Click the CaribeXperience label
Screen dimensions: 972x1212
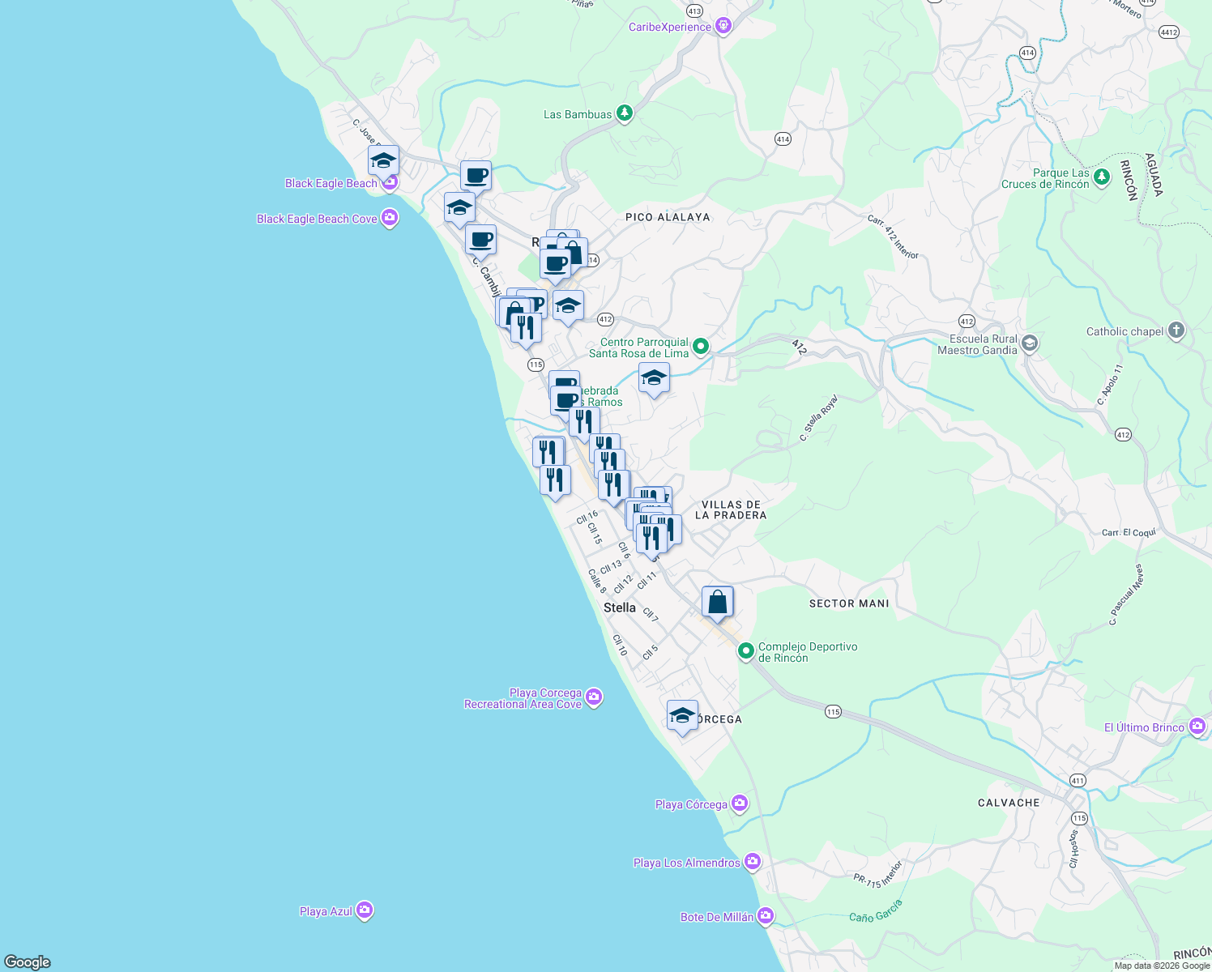pyautogui.click(x=670, y=27)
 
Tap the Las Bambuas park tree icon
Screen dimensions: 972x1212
pyautogui.click(x=624, y=113)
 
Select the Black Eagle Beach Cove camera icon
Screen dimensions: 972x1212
pyautogui.click(x=390, y=218)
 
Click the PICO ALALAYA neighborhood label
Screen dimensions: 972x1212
pyautogui.click(x=668, y=217)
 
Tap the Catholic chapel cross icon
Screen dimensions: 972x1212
pyautogui.click(x=1176, y=330)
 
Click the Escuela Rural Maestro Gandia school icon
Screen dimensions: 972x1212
pyautogui.click(x=1029, y=343)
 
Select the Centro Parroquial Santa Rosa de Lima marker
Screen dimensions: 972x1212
pyautogui.click(x=701, y=347)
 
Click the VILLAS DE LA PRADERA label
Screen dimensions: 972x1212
pyautogui.click(x=731, y=509)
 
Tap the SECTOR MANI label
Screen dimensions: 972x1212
pyautogui.click(x=849, y=603)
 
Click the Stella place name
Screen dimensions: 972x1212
pyautogui.click(x=620, y=607)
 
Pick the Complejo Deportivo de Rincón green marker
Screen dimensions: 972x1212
pyautogui.click(x=745, y=650)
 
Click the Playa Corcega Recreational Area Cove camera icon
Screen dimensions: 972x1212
pyautogui.click(x=594, y=697)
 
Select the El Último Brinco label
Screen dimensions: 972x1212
pyautogui.click(x=1144, y=727)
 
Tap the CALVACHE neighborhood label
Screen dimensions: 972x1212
pyautogui.click(x=1009, y=803)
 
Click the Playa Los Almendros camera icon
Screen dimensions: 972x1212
pyautogui.click(x=753, y=862)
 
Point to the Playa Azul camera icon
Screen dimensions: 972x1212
pyautogui.click(x=365, y=911)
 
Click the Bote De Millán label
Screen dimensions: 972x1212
pyautogui.click(x=717, y=917)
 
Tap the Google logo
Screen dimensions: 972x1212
pyautogui.click(x=28, y=961)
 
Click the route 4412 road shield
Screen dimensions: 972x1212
pyautogui.click(x=1168, y=32)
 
